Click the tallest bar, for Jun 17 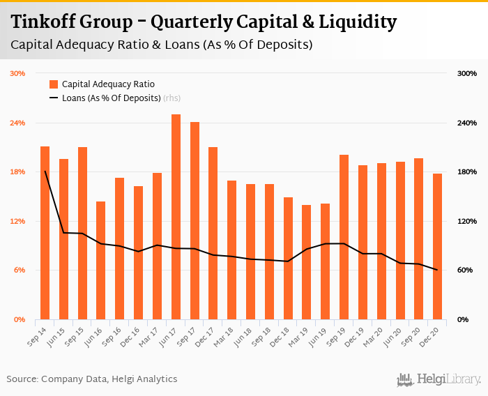click(176, 217)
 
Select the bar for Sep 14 click(45, 233)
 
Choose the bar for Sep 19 click(344, 237)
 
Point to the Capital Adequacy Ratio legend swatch click(53, 84)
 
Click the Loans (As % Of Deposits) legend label click(112, 98)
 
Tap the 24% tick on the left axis click(17, 123)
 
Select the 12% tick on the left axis click(17, 221)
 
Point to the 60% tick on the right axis click(466, 270)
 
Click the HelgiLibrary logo click(439, 379)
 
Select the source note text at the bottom click(92, 379)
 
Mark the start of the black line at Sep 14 click(45, 171)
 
